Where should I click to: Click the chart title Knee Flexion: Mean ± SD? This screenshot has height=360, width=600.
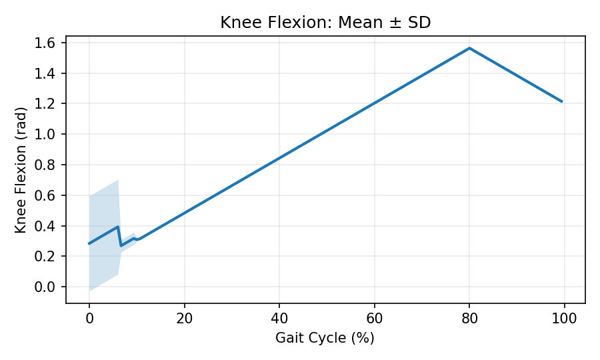325,23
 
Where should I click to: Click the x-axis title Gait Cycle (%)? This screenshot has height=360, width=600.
325,338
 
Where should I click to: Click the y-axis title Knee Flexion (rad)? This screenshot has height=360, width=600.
21,169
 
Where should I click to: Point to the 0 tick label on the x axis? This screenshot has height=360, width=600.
89,317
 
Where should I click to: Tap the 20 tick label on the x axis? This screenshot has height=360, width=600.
184,317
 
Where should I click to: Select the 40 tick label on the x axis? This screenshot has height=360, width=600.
279,317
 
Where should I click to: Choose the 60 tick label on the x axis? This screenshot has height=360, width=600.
375,317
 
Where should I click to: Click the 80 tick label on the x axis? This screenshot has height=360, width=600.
469,317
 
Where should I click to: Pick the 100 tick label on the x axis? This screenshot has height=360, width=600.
565,317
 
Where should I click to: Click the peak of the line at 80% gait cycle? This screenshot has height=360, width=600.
469,48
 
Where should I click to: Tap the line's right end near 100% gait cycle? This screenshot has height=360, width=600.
562,101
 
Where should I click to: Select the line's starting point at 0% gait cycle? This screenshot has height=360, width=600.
89,243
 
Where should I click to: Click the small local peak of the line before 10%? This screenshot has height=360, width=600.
118,227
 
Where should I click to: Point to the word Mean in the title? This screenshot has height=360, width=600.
357,23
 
